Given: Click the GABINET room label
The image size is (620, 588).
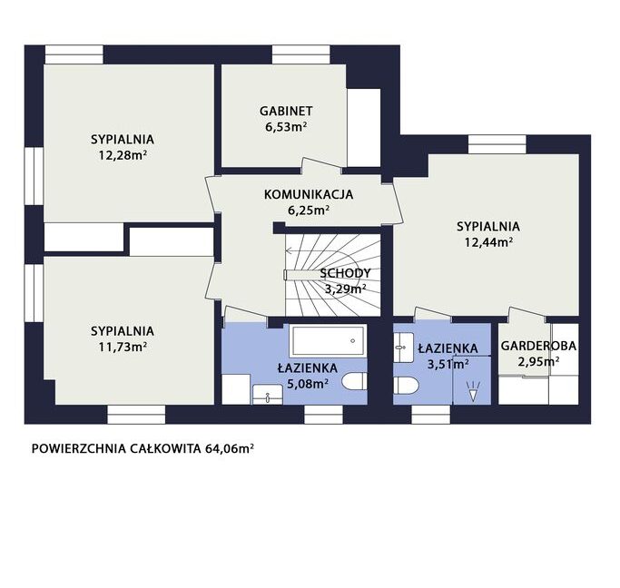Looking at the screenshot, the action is coord(286,111).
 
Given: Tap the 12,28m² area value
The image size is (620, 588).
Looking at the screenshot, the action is coord(123,155).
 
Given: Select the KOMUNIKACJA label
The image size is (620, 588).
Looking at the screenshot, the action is coord(309,194).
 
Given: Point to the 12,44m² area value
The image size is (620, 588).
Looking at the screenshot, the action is coord(488,242).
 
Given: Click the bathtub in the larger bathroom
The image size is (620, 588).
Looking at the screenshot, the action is coord(327,340).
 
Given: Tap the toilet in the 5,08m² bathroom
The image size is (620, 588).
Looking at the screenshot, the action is coord(354,382).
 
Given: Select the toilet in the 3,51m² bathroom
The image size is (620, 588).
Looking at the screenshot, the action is coord(406,385).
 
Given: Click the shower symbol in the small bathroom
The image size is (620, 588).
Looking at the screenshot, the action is coord(473,392).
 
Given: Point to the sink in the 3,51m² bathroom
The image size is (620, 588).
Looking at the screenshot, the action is coord(403,347).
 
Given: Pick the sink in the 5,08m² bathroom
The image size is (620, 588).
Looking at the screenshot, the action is coord(268,395).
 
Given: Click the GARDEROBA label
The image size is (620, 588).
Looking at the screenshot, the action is coord(538,346).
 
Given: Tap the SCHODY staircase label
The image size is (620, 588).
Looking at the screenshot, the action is coord(345,273).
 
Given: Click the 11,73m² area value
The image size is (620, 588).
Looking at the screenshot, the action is coord(123,347).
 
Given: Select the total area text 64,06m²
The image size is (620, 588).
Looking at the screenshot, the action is coord(230,449).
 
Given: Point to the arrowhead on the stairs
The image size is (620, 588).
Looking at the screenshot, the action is coord(289,250).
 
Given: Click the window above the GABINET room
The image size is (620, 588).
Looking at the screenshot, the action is coord(301,54).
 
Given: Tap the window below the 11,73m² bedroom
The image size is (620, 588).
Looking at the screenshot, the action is coord(136,415).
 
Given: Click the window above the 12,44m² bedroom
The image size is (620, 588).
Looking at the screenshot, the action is coord(497,144).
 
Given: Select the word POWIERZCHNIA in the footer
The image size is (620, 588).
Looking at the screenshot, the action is coord(78,449).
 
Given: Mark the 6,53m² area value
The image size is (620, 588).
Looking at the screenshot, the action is coord(286,127).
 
